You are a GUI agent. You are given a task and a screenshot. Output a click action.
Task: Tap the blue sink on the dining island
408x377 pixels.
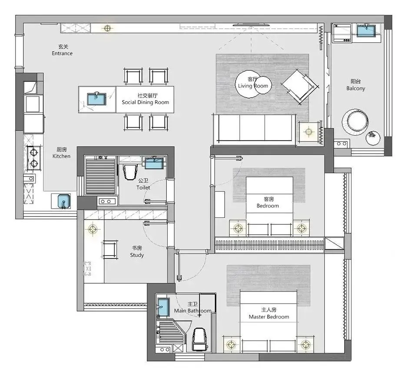[96, 99]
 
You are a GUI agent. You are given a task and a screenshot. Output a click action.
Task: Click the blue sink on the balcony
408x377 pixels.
[366, 31]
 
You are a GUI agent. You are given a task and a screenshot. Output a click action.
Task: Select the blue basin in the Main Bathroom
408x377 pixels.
[163, 307]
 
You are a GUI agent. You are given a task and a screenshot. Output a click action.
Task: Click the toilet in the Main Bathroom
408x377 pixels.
[200, 339]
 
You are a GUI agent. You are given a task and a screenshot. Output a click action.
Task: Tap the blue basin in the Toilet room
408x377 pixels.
[154, 163]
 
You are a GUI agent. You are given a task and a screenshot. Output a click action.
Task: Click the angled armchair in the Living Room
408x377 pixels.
[300, 86]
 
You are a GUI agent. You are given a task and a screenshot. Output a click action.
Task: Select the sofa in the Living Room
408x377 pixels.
[254, 130]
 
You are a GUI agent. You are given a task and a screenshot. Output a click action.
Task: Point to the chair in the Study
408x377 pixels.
[110, 249]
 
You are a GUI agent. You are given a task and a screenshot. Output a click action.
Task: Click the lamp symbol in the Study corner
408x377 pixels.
[93, 229]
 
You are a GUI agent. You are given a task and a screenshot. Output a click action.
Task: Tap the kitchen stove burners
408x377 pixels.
[33, 157]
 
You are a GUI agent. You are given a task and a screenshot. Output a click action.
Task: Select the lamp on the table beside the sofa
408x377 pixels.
[308, 132]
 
